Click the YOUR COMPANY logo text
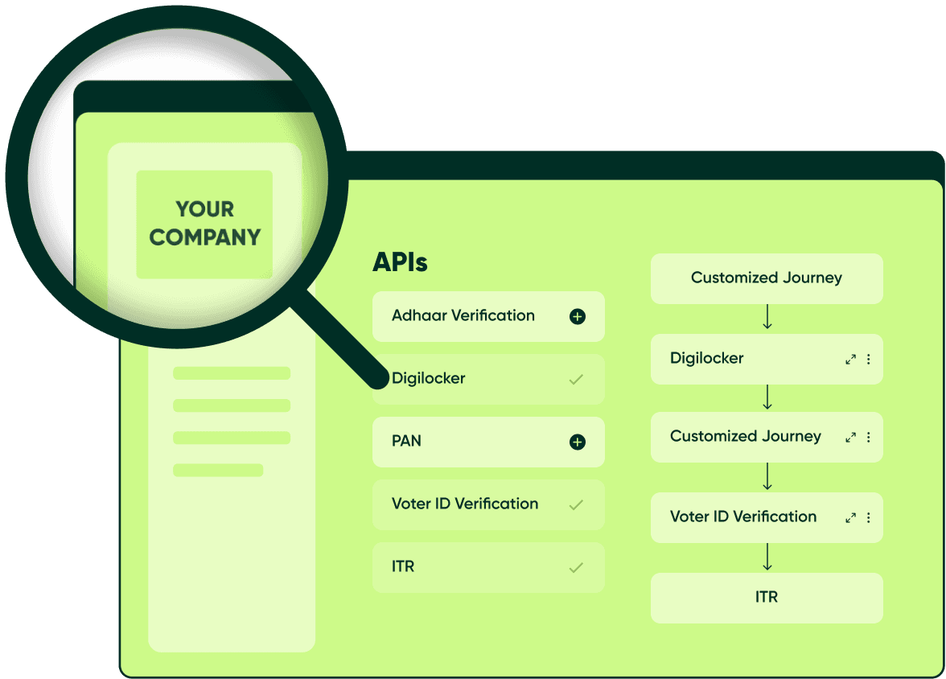pyautogui.click(x=205, y=224)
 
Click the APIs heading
pyautogui.click(x=400, y=262)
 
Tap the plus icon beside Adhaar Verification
pyautogui.click(x=577, y=317)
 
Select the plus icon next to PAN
pyautogui.click(x=577, y=442)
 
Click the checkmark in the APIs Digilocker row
pyautogui.click(x=576, y=380)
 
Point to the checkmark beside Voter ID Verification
pyautogui.click(x=576, y=505)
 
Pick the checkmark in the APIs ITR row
pyautogui.click(x=576, y=568)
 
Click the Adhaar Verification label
pyautogui.click(x=463, y=315)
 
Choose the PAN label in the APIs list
pyautogui.click(x=406, y=441)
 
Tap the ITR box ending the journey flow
pyautogui.click(x=766, y=597)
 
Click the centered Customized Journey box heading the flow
pyautogui.click(x=766, y=278)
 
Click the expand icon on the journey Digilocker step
pyautogui.click(x=850, y=360)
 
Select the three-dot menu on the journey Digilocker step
pyautogui.click(x=869, y=360)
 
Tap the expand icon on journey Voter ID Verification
pyautogui.click(x=850, y=518)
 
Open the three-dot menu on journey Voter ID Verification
pyautogui.click(x=869, y=518)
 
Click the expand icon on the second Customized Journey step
pyautogui.click(x=850, y=438)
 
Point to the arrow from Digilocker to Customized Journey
pyautogui.click(x=767, y=397)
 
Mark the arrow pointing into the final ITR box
pyautogui.click(x=767, y=557)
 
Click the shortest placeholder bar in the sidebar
pyautogui.click(x=218, y=470)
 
